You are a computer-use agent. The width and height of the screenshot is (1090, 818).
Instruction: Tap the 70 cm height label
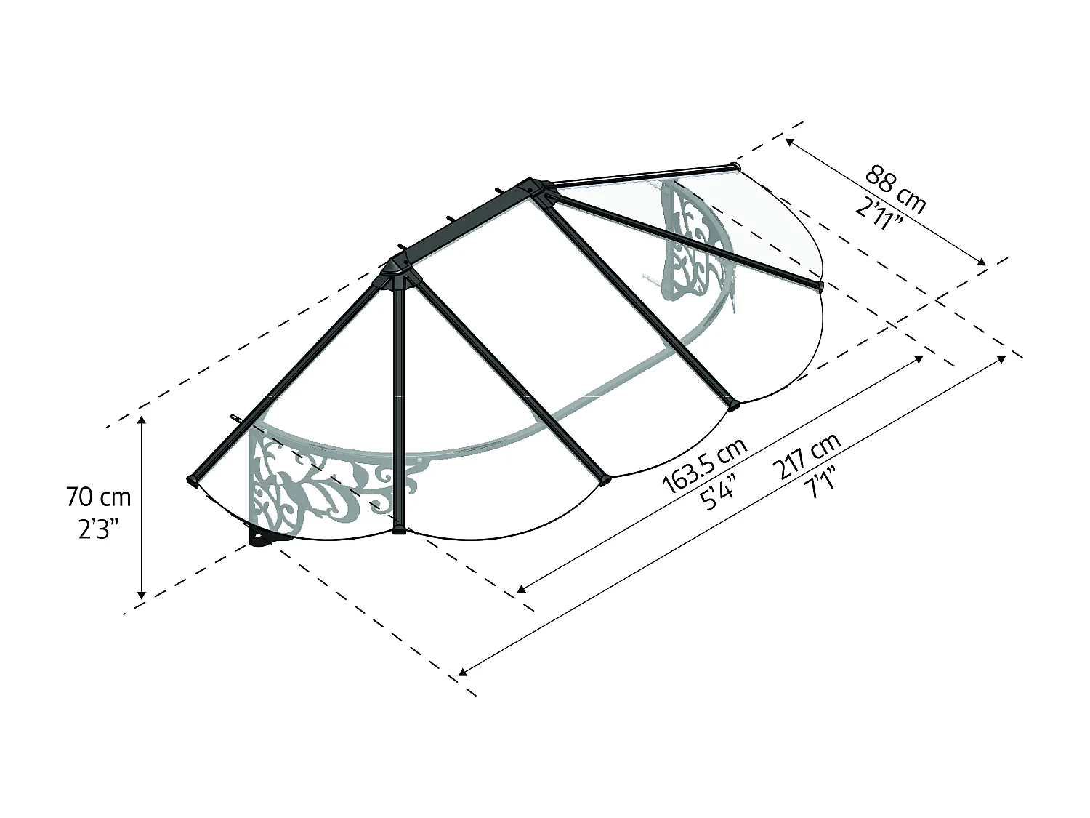99,497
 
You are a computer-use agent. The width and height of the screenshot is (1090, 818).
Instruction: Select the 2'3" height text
97,529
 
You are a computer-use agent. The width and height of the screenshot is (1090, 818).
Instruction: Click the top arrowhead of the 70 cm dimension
142,421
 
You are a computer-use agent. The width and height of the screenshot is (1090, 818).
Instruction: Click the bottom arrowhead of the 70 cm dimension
142,595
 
